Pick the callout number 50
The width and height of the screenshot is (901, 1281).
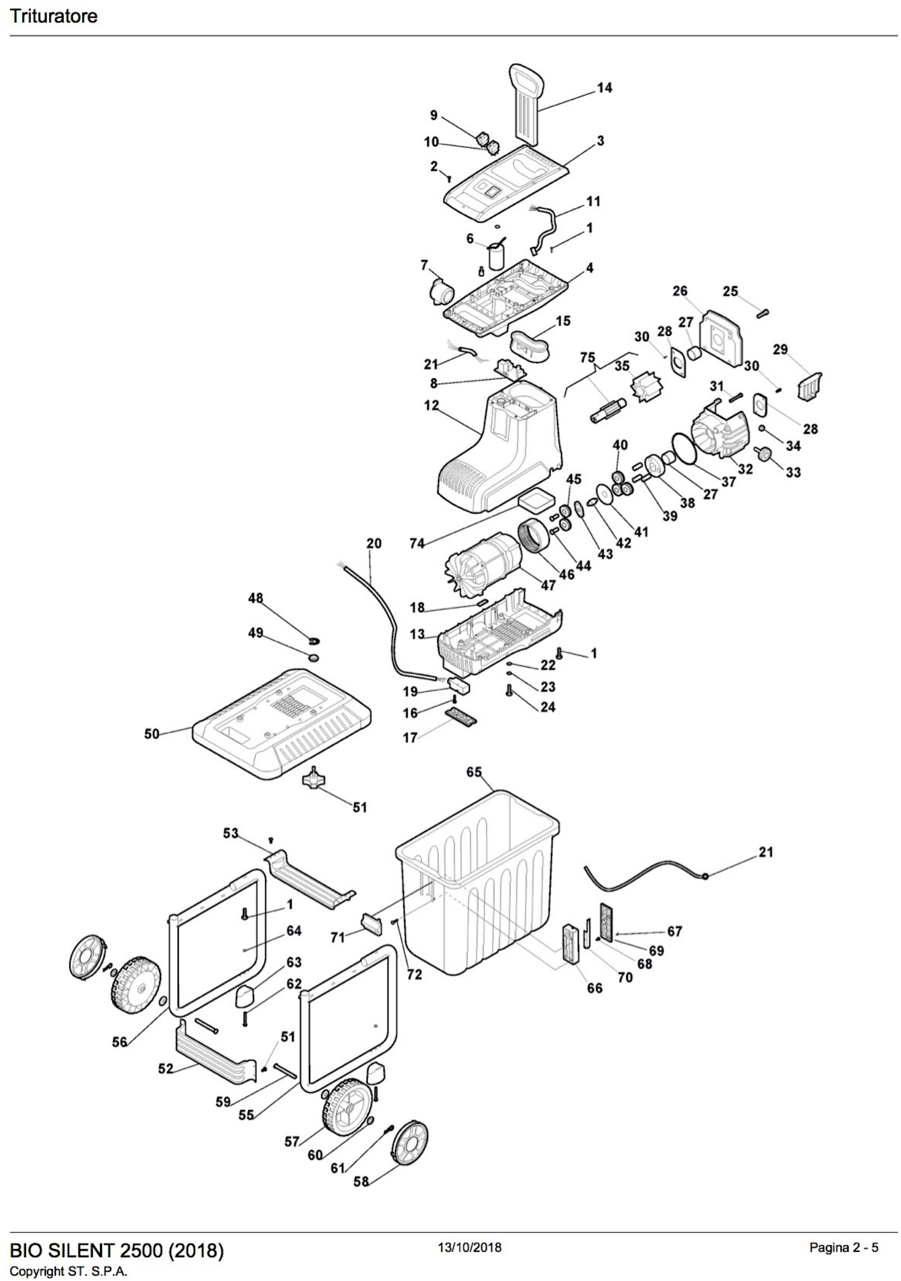(x=152, y=734)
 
